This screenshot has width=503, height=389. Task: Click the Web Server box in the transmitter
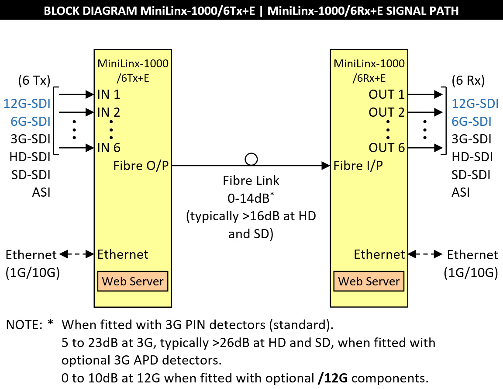tap(133, 281)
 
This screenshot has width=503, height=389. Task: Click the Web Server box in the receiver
tap(369, 281)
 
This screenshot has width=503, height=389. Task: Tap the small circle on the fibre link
tap(251, 159)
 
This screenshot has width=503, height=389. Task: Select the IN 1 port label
tap(109, 94)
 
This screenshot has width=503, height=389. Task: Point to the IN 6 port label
tap(109, 148)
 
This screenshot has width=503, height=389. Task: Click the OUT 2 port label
tap(387, 112)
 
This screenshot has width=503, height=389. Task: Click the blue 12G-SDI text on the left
tap(27, 104)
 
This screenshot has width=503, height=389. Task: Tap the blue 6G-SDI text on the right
tap(472, 122)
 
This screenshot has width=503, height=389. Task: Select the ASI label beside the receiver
tap(461, 192)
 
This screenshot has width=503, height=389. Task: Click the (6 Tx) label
tap(34, 81)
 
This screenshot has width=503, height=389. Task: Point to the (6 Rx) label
tap(469, 81)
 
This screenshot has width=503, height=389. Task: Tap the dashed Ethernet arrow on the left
tap(76, 254)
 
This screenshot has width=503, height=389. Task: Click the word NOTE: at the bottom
tap(24, 325)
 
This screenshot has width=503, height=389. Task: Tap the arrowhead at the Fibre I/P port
tap(325, 166)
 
